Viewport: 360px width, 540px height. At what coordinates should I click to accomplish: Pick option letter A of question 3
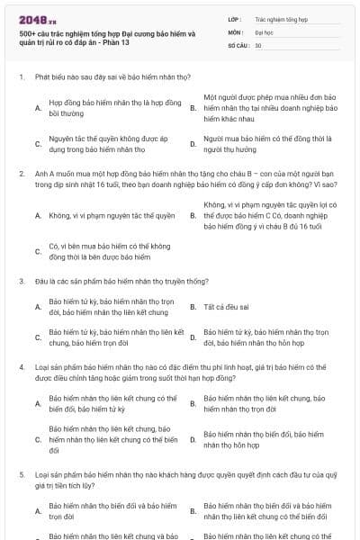pyautogui.click(x=38, y=307)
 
